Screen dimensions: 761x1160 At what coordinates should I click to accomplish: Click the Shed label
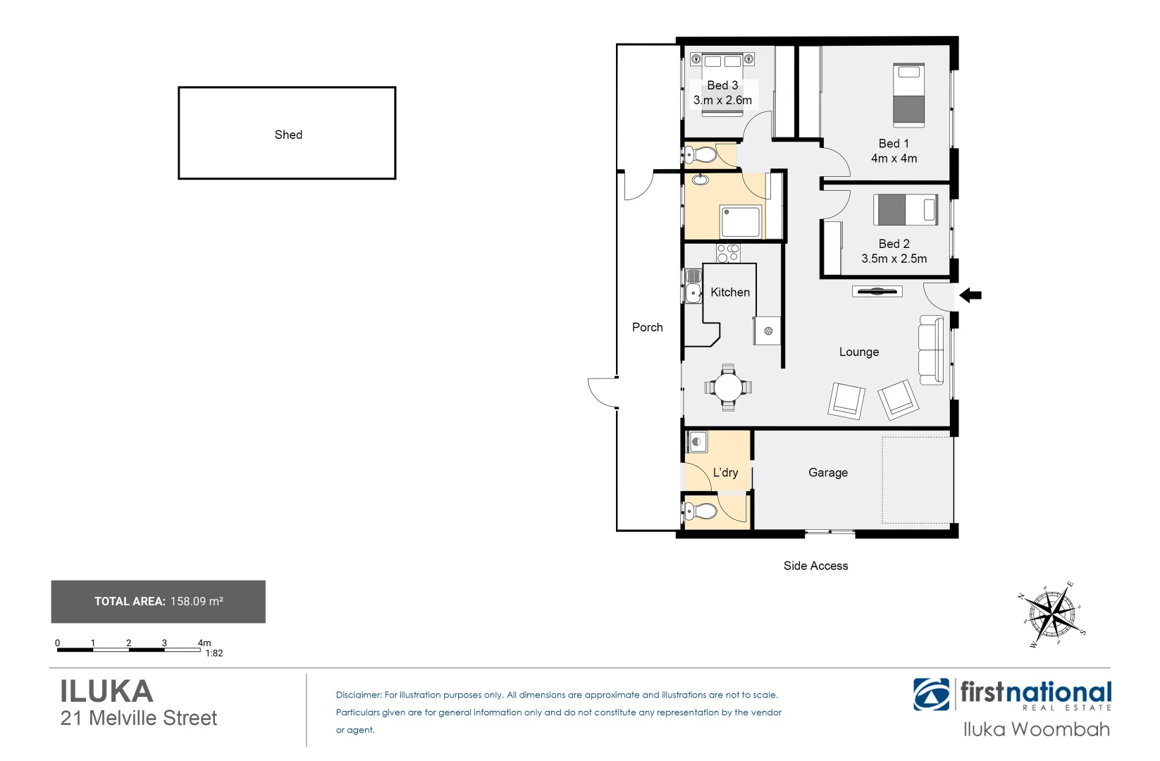[288, 135]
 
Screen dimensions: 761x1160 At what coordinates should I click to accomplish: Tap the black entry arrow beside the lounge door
[971, 295]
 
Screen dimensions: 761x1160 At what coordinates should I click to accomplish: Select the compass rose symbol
[1052, 613]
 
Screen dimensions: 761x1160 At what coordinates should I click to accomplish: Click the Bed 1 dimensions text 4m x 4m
[894, 159]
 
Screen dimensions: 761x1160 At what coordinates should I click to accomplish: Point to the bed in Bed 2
[906, 209]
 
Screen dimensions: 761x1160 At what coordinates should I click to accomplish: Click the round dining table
[728, 387]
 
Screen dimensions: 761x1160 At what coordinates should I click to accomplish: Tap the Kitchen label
[729, 292]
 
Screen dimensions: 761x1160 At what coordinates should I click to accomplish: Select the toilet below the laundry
[701, 511]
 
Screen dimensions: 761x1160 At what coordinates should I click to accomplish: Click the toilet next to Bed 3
[701, 154]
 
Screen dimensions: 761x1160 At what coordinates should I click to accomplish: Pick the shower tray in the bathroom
[741, 221]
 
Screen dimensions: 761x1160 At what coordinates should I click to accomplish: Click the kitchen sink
[693, 291]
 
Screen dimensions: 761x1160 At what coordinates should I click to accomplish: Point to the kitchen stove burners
[728, 252]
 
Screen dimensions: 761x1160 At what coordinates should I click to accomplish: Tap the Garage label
[827, 473]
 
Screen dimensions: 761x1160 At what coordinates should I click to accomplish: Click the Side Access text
[815, 566]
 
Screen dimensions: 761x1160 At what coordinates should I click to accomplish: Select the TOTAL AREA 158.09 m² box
[159, 602]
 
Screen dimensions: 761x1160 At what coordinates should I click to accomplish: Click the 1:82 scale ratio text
[214, 653]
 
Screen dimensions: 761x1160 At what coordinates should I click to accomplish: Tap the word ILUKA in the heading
[106, 691]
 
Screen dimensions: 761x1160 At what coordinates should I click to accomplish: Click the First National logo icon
[931, 695]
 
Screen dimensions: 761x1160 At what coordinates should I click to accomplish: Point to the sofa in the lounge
[931, 350]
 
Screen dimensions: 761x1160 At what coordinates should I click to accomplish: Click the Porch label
[647, 327]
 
